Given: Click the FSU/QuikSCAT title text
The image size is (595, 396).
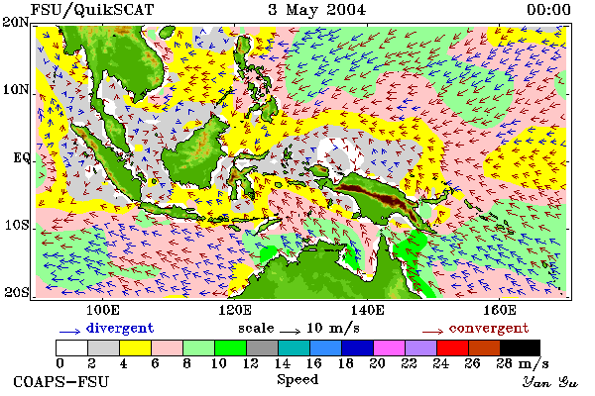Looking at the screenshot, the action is [x=92, y=10].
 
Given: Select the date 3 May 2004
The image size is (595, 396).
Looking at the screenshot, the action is [x=317, y=10].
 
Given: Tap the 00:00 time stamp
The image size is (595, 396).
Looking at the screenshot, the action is [x=548, y=10].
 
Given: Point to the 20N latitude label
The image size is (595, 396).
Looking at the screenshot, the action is [x=16, y=22].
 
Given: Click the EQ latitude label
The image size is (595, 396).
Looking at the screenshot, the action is [x=21, y=157].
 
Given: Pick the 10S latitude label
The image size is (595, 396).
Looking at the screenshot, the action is [x=16, y=225].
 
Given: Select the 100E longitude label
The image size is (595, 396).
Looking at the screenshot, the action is [x=103, y=310].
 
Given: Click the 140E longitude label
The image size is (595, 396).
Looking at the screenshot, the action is [x=367, y=310].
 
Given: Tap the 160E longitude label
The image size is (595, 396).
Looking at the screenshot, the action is [x=499, y=310].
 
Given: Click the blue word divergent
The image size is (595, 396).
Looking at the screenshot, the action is [x=120, y=328].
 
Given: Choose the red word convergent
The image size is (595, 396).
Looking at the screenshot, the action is [x=489, y=328].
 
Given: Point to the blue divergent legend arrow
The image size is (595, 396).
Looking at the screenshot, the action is [x=69, y=332].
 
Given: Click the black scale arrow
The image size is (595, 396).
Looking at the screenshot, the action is [x=291, y=332].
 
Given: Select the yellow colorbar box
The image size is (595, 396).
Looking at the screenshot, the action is [x=136, y=347].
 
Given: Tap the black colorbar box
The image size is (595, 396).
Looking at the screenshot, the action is [x=520, y=347].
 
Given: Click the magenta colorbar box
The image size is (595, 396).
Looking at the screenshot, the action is [x=390, y=347].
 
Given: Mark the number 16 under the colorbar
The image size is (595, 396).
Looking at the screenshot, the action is [x=313, y=363].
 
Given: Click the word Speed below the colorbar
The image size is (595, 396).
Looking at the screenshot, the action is [x=297, y=379].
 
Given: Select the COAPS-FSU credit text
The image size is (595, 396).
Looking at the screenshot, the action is [x=61, y=381].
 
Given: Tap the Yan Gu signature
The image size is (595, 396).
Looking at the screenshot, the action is [x=549, y=382].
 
